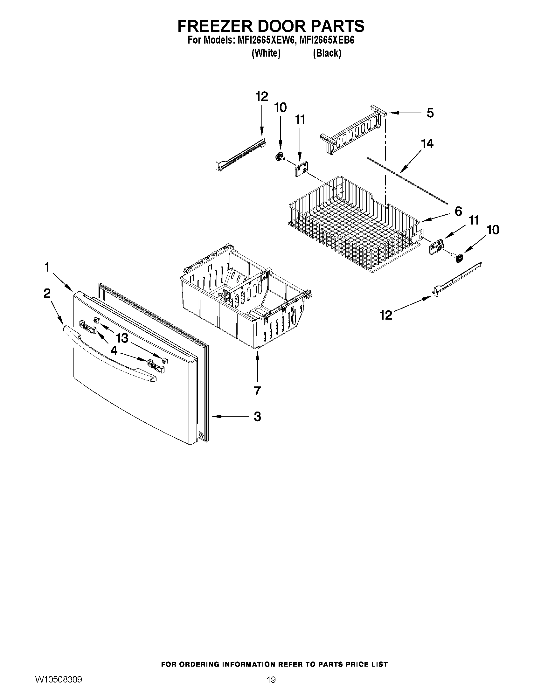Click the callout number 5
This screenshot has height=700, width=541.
(x=430, y=113)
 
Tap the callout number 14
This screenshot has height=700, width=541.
(x=427, y=143)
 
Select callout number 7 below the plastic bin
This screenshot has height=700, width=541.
(x=257, y=391)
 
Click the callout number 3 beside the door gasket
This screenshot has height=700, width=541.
(x=257, y=417)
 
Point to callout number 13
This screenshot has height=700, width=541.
(x=122, y=338)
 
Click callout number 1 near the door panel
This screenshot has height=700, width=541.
(x=47, y=267)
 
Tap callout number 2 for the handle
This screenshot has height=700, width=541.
(x=47, y=293)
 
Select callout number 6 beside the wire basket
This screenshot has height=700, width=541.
(x=458, y=211)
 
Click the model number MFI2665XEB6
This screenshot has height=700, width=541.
(x=326, y=41)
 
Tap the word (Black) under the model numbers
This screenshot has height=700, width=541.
(x=327, y=53)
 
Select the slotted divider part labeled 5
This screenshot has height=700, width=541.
(x=352, y=131)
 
